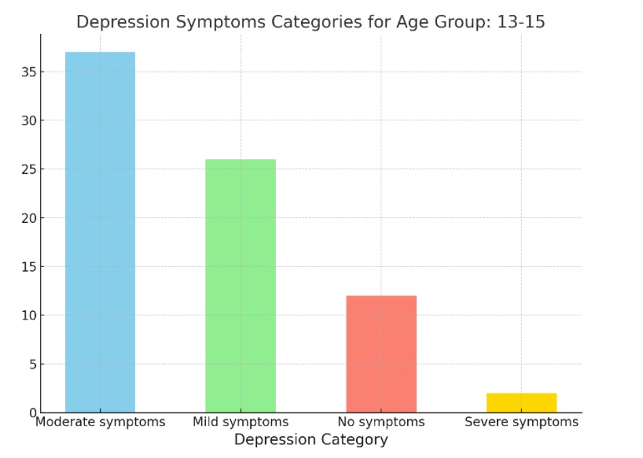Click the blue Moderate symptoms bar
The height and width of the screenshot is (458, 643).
tap(100, 232)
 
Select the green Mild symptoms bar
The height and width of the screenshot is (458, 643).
tap(241, 285)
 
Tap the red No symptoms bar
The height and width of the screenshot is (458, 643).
tap(381, 353)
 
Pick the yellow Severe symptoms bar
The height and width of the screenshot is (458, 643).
tap(521, 402)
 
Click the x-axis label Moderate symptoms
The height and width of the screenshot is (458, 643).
tap(100, 422)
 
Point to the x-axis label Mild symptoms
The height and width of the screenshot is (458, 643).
tap(241, 422)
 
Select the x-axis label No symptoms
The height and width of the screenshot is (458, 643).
tap(381, 422)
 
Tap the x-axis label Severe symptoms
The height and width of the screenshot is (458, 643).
tap(521, 422)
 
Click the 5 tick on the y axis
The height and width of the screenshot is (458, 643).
tap(31, 364)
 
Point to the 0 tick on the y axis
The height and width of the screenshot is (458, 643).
tap(31, 412)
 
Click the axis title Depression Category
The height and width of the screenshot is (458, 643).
tap(311, 440)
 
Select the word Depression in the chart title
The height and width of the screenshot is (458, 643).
tap(123, 22)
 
